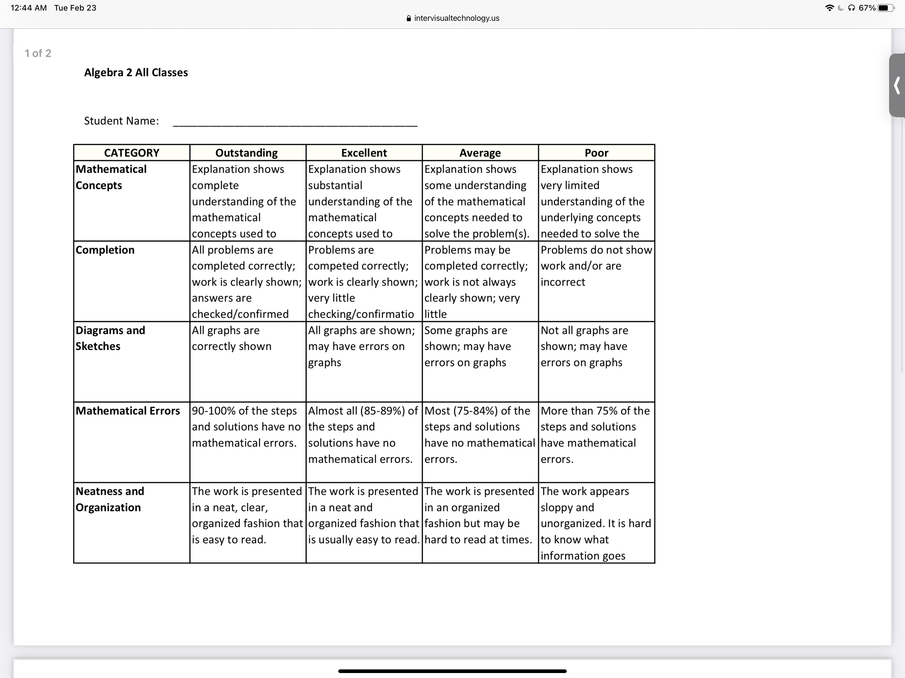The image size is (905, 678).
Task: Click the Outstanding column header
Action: pos(246,153)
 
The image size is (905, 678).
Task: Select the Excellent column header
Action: pos(364,153)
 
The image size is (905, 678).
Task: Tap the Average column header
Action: pos(480,153)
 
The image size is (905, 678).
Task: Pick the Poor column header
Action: pos(596,153)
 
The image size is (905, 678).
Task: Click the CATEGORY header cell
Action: pos(131,153)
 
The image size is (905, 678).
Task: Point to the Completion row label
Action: pos(105,250)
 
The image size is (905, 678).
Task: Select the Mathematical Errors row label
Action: pos(128,411)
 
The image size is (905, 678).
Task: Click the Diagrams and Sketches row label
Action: pos(110,338)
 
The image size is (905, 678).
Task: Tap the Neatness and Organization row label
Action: pos(110,499)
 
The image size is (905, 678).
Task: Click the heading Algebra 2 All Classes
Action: pos(136,73)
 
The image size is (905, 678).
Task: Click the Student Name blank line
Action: pos(295,123)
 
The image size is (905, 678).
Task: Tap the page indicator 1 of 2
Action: pos(38,53)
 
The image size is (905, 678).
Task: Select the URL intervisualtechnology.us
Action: pos(456,18)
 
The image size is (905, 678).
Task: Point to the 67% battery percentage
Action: pos(867,8)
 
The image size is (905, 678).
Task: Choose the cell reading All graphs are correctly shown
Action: pos(232,338)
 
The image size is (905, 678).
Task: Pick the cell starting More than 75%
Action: pos(595,435)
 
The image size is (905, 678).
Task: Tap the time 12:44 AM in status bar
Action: pos(28,8)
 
